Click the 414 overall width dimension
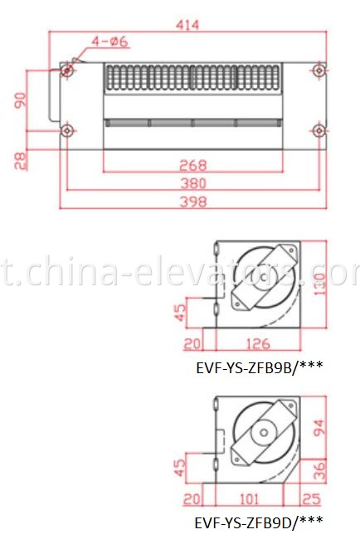coord(188,25)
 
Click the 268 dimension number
coord(192,164)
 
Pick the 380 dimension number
coord(192,183)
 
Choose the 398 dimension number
coord(192,202)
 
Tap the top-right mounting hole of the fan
coord(319,70)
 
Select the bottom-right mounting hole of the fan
coord(319,129)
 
